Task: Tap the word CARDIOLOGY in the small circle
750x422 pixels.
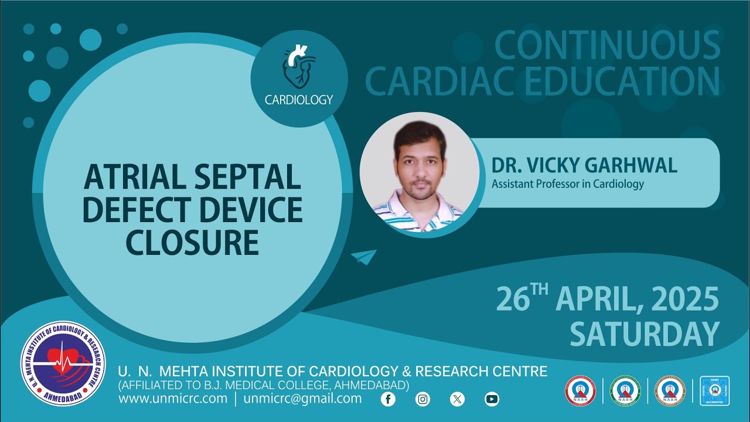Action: click(299, 100)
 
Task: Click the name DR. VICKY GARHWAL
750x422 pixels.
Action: click(584, 165)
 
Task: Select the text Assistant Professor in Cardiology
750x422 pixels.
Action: click(567, 184)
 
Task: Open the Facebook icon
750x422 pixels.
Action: click(388, 399)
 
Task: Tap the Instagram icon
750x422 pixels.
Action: click(422, 399)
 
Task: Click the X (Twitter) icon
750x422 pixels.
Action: click(457, 399)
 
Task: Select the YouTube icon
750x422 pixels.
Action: click(492, 399)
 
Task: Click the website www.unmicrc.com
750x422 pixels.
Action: click(173, 399)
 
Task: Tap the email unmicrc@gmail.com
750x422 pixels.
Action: click(302, 399)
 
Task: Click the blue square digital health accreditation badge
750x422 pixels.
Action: click(714, 391)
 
